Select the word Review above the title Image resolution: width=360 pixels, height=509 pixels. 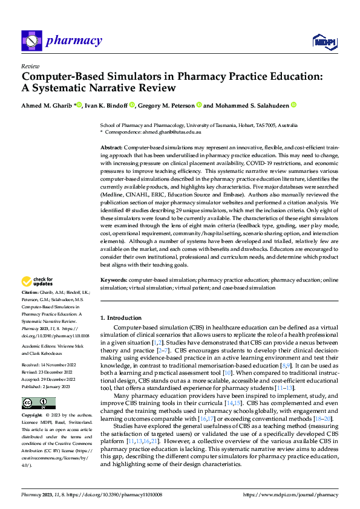coord(30,66)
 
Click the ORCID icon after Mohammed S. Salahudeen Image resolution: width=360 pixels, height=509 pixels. coord(293,105)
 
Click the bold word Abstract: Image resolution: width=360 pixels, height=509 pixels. coord(111,148)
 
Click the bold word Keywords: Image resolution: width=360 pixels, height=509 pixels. coord(113,280)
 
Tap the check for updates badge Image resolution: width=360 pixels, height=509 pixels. coord(37,282)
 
